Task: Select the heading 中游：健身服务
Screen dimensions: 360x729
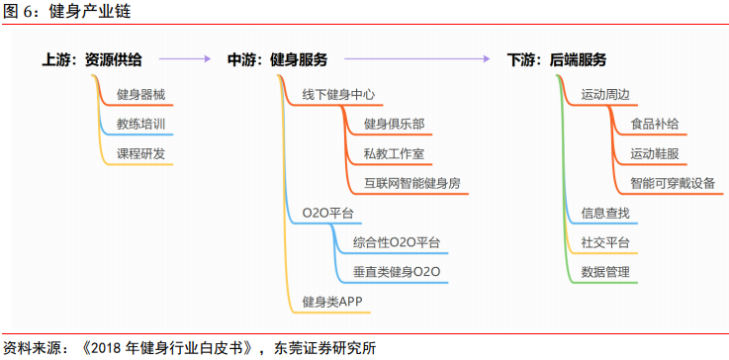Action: (x=278, y=60)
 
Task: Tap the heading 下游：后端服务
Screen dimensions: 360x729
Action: (x=557, y=60)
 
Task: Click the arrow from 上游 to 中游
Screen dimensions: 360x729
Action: (x=185, y=60)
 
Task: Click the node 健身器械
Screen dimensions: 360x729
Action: (x=141, y=95)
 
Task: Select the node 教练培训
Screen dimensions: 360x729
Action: (x=141, y=125)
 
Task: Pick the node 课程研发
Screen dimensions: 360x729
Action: (x=141, y=154)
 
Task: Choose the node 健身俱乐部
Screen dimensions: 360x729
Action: (x=395, y=125)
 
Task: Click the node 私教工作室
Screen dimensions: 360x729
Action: (x=395, y=154)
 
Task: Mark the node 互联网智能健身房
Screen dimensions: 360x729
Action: (x=411, y=184)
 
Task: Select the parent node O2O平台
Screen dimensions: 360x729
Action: (x=327, y=214)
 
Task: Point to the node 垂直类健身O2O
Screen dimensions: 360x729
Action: (x=397, y=272)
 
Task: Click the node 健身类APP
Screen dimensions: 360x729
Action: (x=333, y=302)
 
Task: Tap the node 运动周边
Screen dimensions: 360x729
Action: (x=605, y=95)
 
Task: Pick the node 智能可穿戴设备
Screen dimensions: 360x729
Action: (x=673, y=184)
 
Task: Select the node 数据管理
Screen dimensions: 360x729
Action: (x=605, y=272)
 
